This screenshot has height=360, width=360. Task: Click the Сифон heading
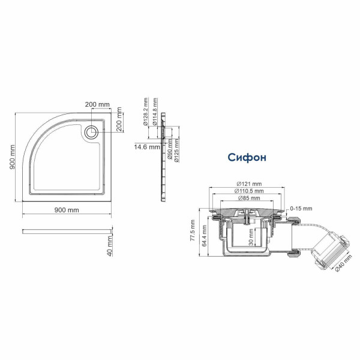coord(247,157)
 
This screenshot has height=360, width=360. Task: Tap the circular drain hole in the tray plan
coord(93,133)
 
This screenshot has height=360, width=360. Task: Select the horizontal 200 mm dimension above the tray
coord(98,104)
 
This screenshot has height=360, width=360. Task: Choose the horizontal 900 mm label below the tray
coord(67,210)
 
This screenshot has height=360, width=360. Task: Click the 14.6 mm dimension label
coord(147,146)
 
